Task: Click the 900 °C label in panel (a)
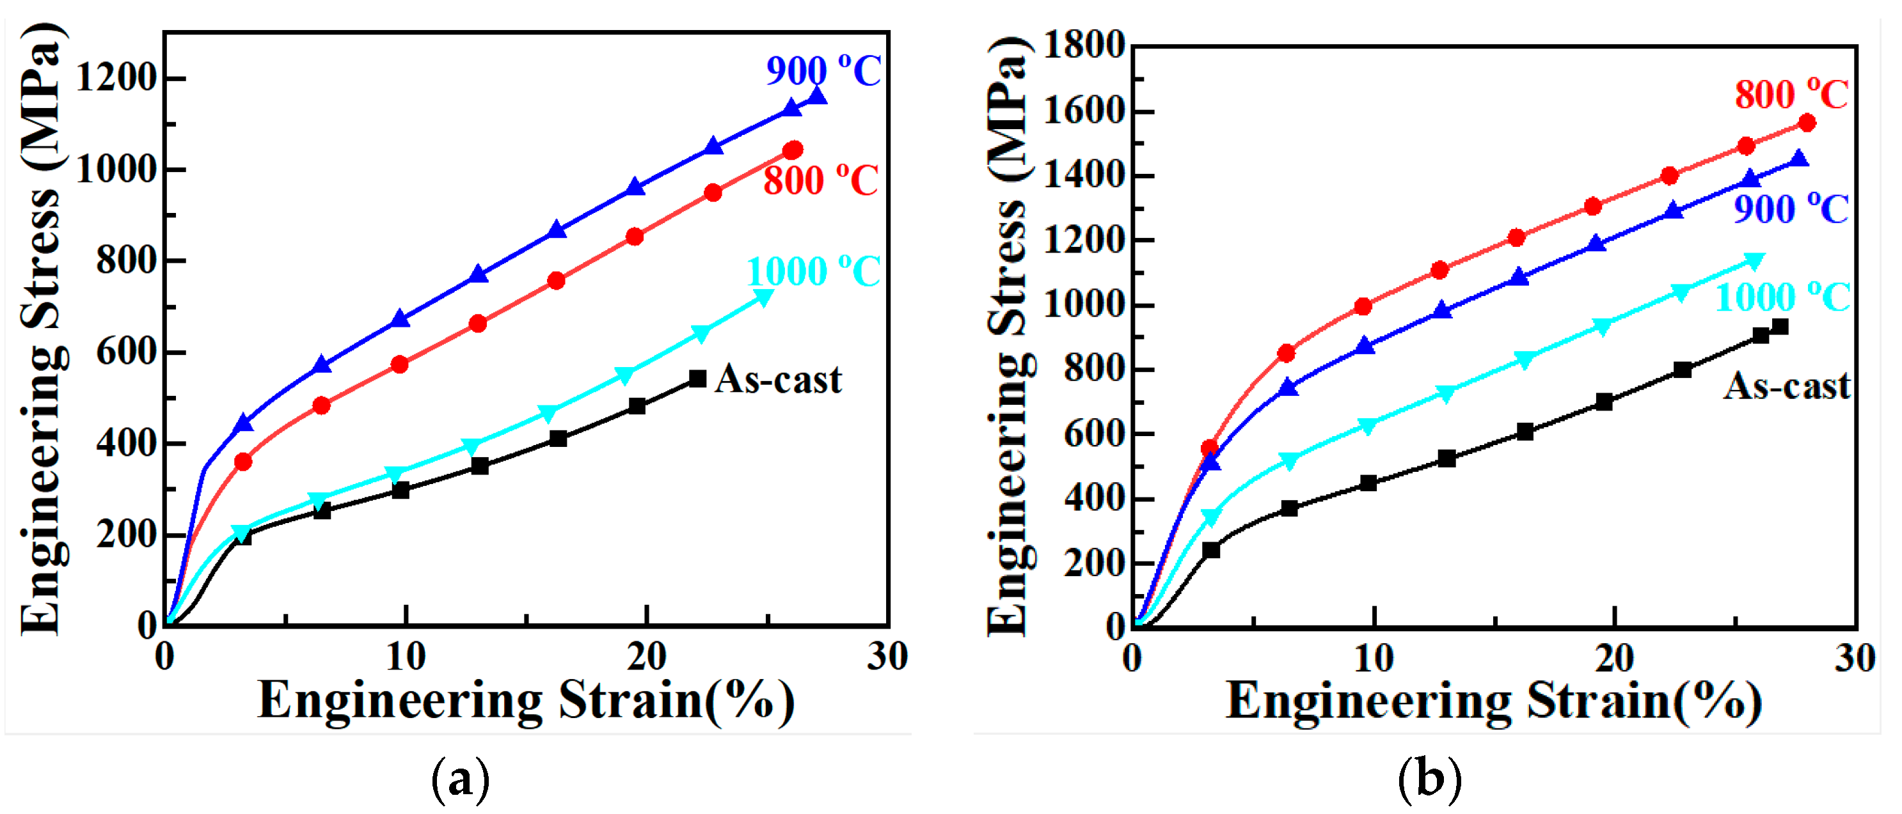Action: [x=823, y=71]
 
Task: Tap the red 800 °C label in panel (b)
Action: [x=1791, y=95]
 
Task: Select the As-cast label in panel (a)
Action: [x=777, y=380]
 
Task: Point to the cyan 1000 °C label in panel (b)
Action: [x=1782, y=297]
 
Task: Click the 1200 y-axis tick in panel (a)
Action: [x=116, y=77]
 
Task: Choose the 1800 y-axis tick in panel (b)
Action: [x=1083, y=46]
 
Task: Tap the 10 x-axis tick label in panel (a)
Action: [x=406, y=657]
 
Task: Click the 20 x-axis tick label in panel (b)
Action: [x=1614, y=658]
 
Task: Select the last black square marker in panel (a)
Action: [x=697, y=379]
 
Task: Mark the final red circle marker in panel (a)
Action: [x=792, y=150]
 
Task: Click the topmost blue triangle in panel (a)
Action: [x=816, y=96]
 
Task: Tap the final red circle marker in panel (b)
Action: [x=1807, y=123]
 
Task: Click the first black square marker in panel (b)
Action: [x=1211, y=550]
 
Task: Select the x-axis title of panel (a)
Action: [x=526, y=700]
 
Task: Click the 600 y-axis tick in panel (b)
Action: [x=1093, y=434]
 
